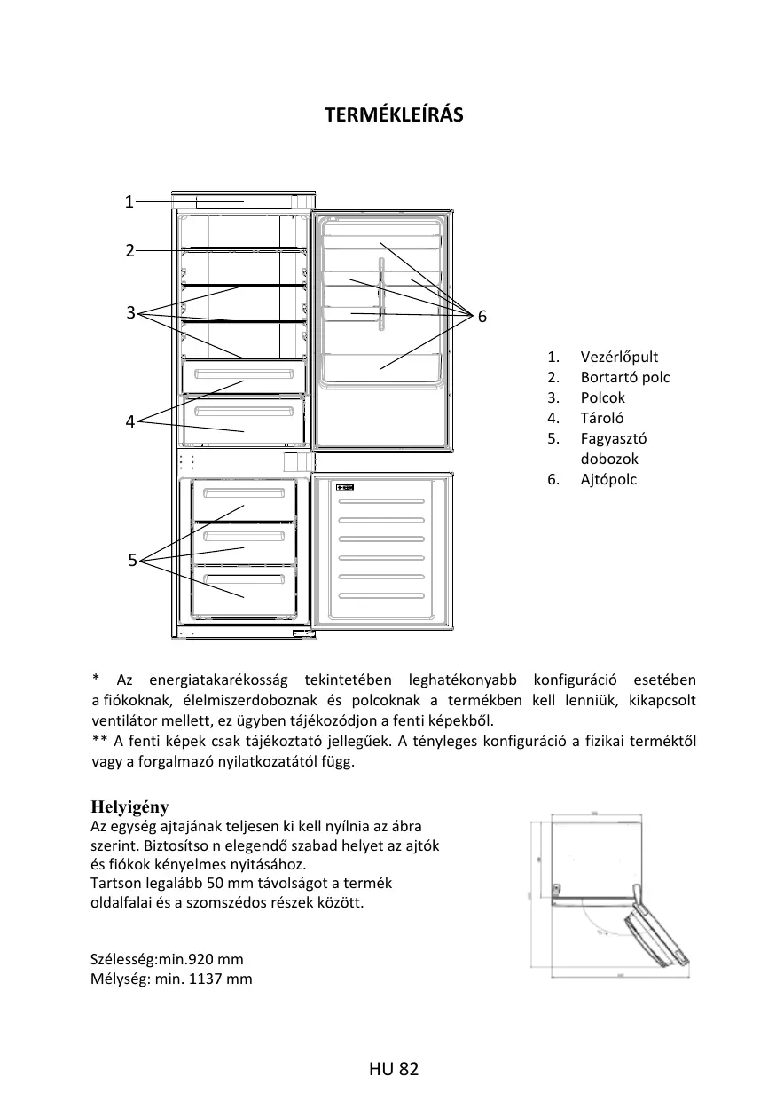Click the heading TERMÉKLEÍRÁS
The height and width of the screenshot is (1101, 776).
point(394,115)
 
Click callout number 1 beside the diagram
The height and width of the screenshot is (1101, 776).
point(129,201)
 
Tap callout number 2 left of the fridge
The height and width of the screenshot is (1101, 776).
point(129,250)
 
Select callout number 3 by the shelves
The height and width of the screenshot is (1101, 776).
point(130,312)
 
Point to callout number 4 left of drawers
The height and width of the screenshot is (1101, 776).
point(130,422)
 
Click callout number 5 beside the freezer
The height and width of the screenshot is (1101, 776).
point(132,560)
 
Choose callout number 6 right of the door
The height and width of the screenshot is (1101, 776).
point(482,317)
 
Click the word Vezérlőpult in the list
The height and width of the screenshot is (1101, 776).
point(619,357)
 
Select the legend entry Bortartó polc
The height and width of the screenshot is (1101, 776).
point(625,377)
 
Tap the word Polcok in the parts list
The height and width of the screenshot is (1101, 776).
point(603,397)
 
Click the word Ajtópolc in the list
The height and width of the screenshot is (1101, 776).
point(608,479)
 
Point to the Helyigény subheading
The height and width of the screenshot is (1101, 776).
point(129,806)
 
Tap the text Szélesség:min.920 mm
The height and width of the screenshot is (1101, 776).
point(167,959)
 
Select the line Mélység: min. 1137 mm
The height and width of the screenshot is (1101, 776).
point(171,979)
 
